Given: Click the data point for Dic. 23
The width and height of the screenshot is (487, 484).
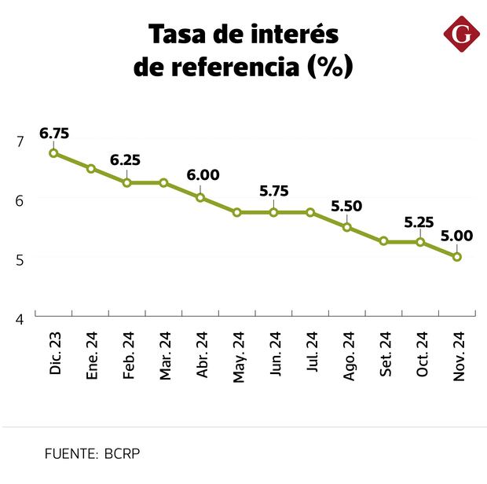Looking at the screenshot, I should click(x=53, y=153).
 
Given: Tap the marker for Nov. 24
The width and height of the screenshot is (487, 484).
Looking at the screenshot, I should click(x=456, y=257).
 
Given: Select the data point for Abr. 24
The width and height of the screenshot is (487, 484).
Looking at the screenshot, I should click(x=200, y=197).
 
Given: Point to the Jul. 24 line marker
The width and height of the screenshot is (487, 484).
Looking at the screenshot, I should click(x=310, y=212).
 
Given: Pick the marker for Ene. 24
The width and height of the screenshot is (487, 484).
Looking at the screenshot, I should click(x=91, y=168).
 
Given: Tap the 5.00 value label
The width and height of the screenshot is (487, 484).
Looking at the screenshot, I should click(x=456, y=235).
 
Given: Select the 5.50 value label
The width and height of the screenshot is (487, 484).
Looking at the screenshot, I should click(x=346, y=207).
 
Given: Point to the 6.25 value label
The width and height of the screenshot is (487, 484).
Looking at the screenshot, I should click(x=126, y=160).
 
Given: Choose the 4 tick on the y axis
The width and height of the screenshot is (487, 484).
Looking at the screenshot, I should click(x=20, y=319).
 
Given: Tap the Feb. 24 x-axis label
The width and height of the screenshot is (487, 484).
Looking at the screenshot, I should click(x=128, y=356).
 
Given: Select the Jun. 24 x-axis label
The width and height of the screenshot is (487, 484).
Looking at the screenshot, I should click(x=275, y=357).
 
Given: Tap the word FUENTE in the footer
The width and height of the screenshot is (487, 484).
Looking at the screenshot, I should click(x=70, y=453).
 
